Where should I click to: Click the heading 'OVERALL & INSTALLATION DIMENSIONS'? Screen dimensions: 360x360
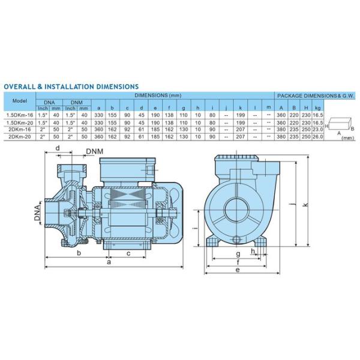click(71, 87)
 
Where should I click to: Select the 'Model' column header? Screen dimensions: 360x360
click(20, 100)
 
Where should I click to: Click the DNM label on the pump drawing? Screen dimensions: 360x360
click(94, 152)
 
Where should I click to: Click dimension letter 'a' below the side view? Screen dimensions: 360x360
click(108, 262)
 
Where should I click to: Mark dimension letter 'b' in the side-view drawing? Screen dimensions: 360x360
click(79, 253)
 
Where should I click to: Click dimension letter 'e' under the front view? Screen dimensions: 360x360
click(238, 271)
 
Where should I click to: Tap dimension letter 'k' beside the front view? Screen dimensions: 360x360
click(305, 205)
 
